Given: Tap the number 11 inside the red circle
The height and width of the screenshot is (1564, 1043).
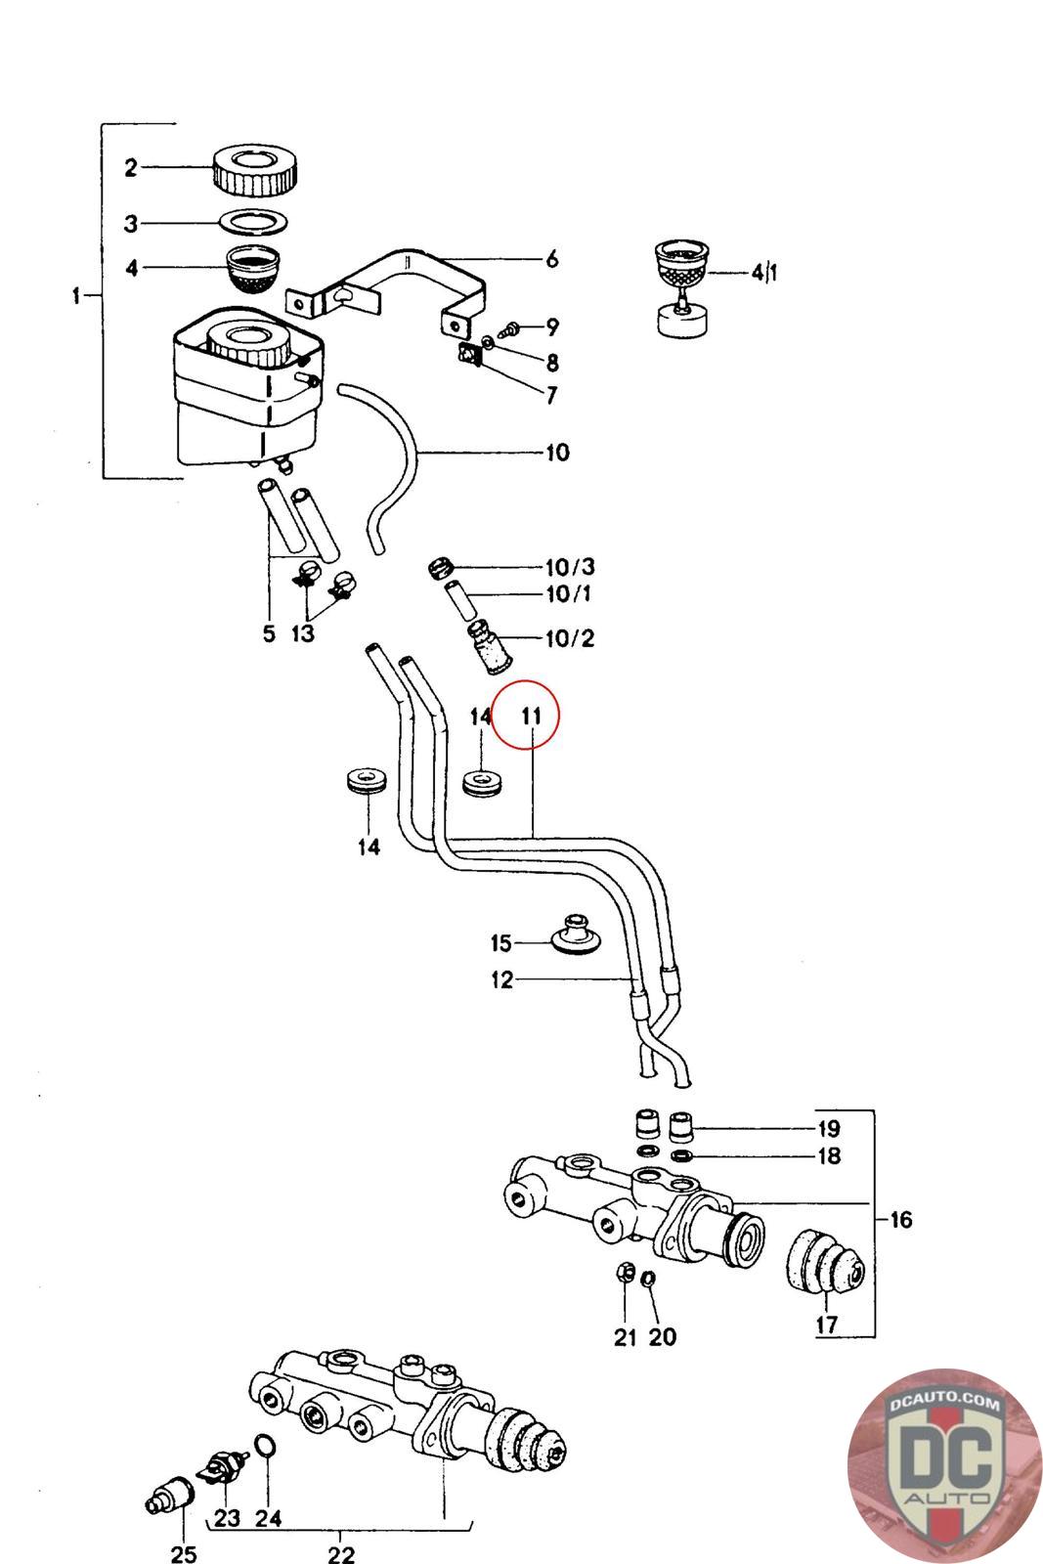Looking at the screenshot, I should pos(530,716).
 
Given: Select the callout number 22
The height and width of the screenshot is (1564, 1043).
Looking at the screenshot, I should pos(340,1553).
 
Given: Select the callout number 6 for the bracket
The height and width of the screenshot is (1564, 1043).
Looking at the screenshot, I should pos(551,259).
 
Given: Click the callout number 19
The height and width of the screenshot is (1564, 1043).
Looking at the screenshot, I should pos(828,1128).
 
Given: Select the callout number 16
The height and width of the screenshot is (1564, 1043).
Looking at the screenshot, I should pos(900,1219).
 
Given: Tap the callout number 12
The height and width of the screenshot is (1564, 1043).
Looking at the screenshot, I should pos(501,979).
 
